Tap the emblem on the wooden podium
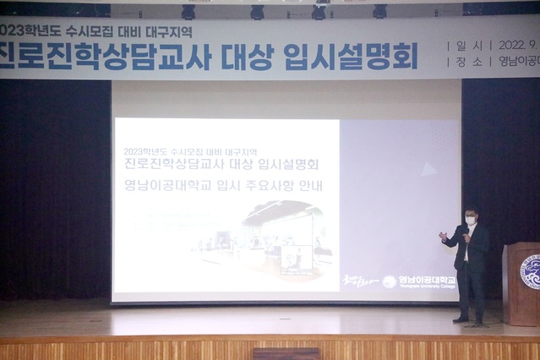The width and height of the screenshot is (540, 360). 531,273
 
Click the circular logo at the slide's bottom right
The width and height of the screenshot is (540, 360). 390,281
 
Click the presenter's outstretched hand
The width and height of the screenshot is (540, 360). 442,236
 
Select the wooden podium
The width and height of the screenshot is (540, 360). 521,283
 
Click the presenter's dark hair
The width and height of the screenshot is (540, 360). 471,210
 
